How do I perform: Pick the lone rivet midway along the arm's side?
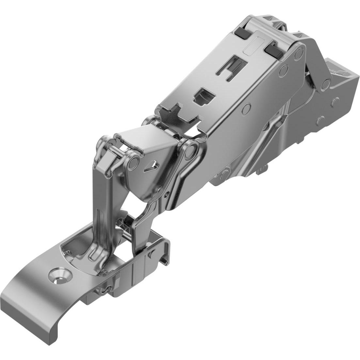click(x=247, y=108)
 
